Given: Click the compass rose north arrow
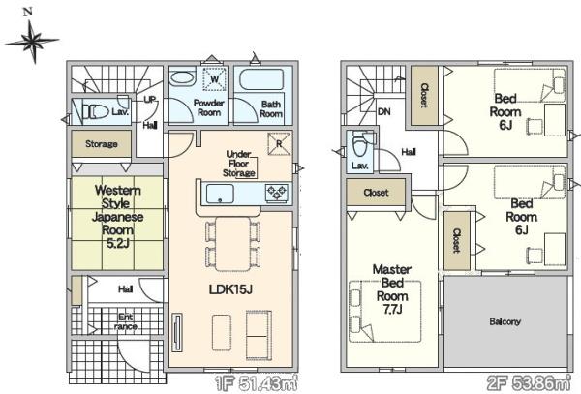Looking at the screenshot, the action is (32, 41).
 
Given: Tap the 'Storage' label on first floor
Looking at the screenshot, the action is (102, 143).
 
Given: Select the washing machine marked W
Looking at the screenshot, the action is (215, 78).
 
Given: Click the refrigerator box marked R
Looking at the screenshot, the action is (279, 143).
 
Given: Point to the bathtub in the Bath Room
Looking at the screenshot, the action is (261, 79).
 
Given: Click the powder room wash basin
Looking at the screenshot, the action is (182, 78).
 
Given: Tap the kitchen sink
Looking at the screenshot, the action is (220, 194).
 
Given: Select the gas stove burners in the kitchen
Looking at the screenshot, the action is (277, 194).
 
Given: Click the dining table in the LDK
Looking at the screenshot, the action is (233, 244).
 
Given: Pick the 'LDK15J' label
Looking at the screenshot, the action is (230, 289).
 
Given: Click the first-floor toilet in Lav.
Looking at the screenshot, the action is (95, 111).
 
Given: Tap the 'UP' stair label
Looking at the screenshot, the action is (150, 100).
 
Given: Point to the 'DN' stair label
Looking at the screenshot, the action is (384, 111).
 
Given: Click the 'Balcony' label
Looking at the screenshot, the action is (505, 321).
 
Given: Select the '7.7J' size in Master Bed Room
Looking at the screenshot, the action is (392, 309).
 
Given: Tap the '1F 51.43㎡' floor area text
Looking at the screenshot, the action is (257, 383).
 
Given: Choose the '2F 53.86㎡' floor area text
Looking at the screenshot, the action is (529, 383).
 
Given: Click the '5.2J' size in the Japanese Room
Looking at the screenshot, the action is (117, 243).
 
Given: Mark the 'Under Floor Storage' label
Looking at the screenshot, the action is (238, 164).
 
